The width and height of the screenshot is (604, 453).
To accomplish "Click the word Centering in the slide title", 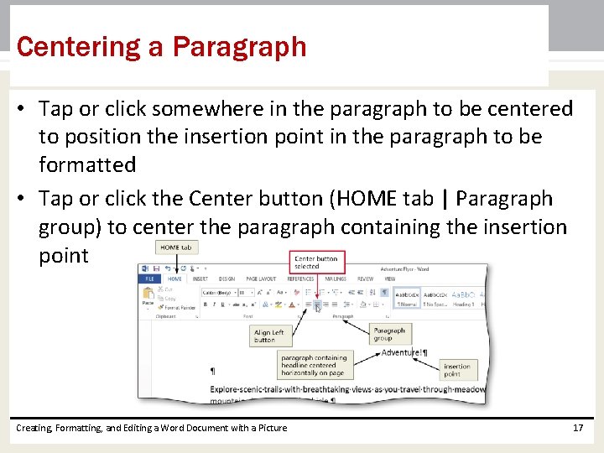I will point(80,47).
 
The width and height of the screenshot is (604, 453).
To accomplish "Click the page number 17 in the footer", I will point(577,428).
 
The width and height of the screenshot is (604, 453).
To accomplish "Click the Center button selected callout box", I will point(316,262).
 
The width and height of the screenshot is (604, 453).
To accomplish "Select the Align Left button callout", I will point(269,336).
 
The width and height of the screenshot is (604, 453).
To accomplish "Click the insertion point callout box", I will point(457,370).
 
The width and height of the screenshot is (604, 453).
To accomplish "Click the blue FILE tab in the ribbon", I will point(150,279).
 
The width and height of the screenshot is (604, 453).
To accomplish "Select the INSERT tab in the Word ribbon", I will point(200,279).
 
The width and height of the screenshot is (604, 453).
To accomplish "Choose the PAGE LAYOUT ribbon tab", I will point(262,279).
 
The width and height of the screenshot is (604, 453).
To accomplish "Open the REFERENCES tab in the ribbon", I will point(301,279).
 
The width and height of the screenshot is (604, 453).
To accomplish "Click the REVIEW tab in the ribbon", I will point(366,279).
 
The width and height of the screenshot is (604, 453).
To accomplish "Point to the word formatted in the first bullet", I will point(87,164).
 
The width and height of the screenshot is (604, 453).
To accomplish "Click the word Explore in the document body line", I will point(228,389).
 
